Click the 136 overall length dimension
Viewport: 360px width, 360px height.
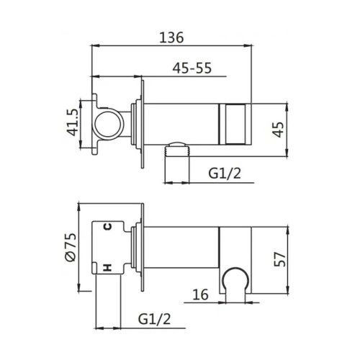click(173, 35)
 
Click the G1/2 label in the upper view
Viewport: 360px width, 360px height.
click(225, 174)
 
